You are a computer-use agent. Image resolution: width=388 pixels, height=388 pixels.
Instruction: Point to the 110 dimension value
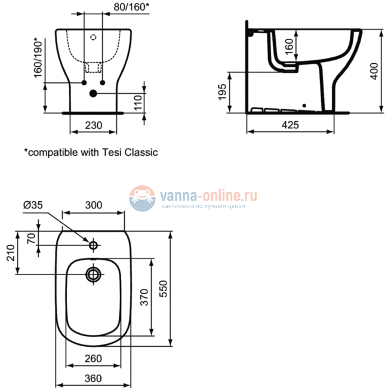point(137,102)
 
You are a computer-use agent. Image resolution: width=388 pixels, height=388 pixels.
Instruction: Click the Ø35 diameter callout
point(33,205)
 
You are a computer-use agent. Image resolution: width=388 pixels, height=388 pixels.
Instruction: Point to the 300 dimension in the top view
point(93,205)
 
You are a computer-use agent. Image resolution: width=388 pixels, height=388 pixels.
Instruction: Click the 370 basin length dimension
point(144,297)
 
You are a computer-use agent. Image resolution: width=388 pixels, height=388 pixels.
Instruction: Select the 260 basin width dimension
point(93,359)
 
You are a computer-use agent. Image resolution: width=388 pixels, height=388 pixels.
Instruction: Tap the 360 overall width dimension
point(93,378)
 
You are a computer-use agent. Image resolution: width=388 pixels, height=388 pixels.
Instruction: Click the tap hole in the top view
point(94,245)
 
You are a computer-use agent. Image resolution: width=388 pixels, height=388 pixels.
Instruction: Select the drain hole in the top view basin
point(94,275)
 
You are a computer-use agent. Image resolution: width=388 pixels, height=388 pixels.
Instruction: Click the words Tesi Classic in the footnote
point(133,152)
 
